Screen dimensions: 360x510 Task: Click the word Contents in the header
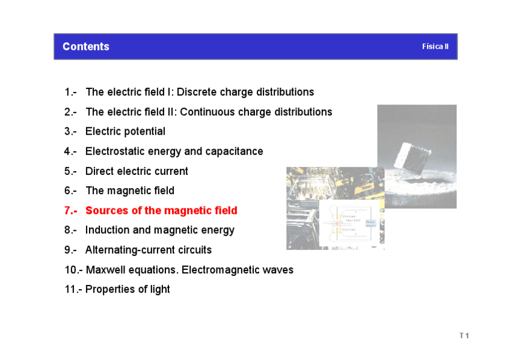tap(86, 47)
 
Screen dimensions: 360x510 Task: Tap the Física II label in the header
tap(435, 47)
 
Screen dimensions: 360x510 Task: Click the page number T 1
tap(464, 335)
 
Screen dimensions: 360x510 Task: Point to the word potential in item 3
tap(143, 131)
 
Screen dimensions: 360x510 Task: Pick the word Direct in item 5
tap(100, 171)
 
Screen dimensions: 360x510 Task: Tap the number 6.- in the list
tap(70, 191)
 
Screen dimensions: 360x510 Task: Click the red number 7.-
tap(70, 210)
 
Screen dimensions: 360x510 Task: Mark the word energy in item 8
tap(217, 230)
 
